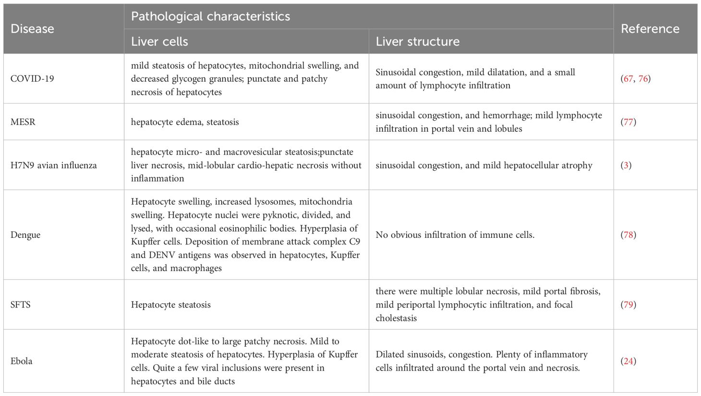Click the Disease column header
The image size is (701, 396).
[32, 29]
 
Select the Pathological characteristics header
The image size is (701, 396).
[210, 16]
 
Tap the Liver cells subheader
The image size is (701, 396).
[159, 41]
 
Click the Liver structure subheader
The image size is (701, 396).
[417, 41]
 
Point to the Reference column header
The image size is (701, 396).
[650, 29]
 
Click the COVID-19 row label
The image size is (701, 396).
[32, 79]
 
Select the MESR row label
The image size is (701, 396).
[23, 122]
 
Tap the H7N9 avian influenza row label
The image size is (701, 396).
[53, 165]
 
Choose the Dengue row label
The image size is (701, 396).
[25, 235]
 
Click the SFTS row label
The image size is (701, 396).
[21, 305]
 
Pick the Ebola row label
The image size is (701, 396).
[22, 361]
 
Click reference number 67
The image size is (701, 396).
[628, 79]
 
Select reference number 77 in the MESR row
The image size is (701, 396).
[628, 122]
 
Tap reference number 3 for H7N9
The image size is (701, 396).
[626, 165]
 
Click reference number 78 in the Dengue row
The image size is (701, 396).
[628, 235]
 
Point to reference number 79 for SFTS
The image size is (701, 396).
[628, 305]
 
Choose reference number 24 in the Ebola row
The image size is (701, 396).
[628, 361]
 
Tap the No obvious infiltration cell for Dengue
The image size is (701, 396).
[455, 235]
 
